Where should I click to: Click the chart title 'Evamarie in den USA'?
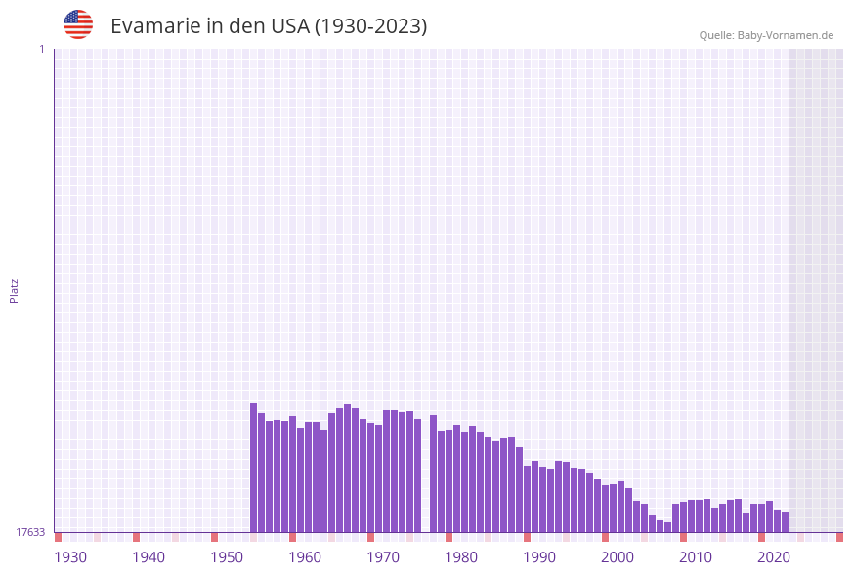pos(269,26)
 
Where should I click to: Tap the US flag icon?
pos(78,24)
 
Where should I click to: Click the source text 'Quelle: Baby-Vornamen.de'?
pos(766,35)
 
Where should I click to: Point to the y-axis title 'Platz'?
pos(15,290)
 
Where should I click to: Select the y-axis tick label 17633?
pos(30,532)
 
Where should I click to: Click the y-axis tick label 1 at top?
pos(42,49)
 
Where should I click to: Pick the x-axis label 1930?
pos(70,557)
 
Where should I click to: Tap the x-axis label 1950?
pos(227,557)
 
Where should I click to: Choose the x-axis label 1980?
pos(461,557)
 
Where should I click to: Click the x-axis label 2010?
pos(696,557)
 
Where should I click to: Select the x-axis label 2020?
pos(774,557)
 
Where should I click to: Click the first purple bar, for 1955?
pos(254,468)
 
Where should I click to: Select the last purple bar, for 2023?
pos(785,522)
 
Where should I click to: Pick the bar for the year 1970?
pos(371,477)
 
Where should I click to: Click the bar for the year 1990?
pos(528,499)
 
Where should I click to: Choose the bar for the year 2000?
pos(606,509)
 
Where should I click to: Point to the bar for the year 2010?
pos(684,516)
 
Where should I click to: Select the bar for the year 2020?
pos(762,518)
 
